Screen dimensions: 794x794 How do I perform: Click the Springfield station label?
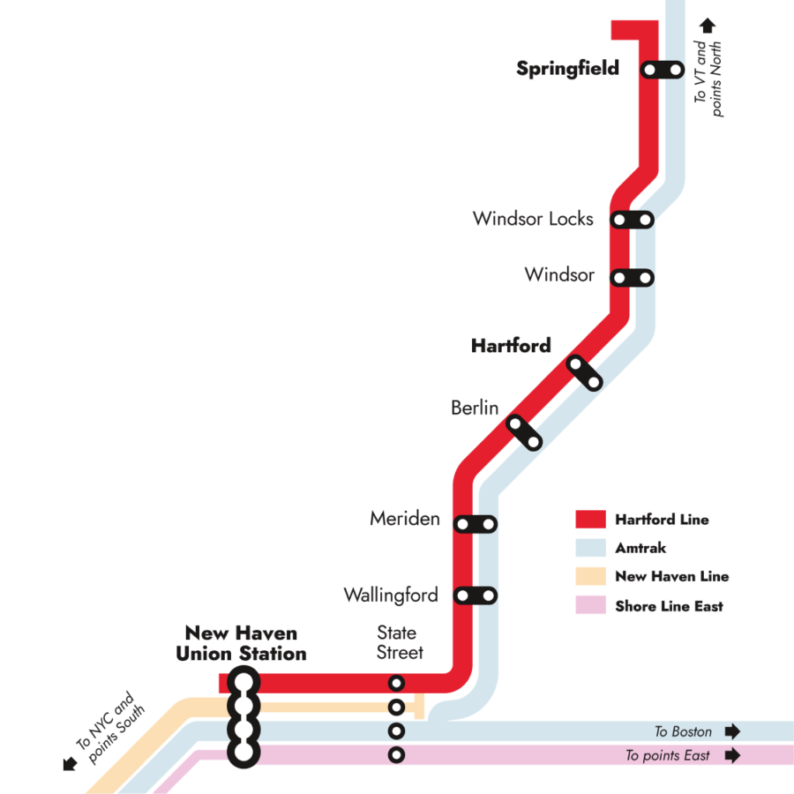[568, 69]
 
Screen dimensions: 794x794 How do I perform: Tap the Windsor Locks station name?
[533, 219]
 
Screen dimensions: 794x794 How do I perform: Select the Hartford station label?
[511, 346]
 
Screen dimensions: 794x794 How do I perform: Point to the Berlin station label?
[475, 408]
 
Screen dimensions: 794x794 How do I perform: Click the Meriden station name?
[405, 519]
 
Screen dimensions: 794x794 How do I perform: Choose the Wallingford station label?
[391, 595]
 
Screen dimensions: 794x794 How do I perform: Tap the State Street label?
[399, 643]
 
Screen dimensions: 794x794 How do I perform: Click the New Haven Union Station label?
[241, 644]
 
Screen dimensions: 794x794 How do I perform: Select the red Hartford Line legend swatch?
[590, 520]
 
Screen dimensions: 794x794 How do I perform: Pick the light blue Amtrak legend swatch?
[590, 548]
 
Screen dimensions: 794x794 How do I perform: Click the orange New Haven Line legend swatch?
[590, 576]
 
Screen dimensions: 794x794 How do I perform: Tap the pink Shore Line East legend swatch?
[590, 606]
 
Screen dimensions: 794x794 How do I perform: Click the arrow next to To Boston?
[731, 731]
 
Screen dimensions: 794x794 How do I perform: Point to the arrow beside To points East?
[731, 755]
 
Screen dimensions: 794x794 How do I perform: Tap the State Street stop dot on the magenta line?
[397, 755]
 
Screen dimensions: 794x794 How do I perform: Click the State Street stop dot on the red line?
[397, 683]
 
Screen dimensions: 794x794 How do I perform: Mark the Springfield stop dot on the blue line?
[676, 69]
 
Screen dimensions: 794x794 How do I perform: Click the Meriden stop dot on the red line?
[461, 524]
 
